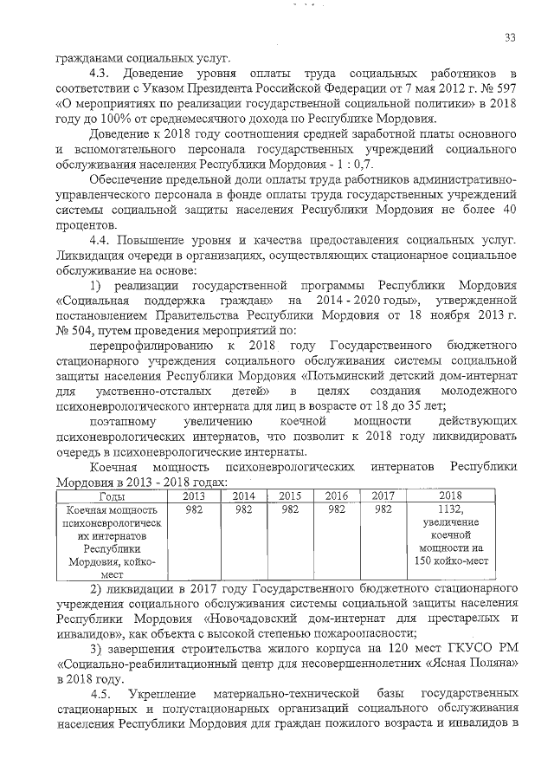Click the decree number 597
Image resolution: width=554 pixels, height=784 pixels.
pyautogui.click(x=507, y=87)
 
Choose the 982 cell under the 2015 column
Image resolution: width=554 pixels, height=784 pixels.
pyautogui.click(x=289, y=509)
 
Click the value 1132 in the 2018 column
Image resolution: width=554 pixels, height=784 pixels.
pyautogui.click(x=451, y=509)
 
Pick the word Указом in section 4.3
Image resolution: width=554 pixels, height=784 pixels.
pyautogui.click(x=156, y=87)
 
